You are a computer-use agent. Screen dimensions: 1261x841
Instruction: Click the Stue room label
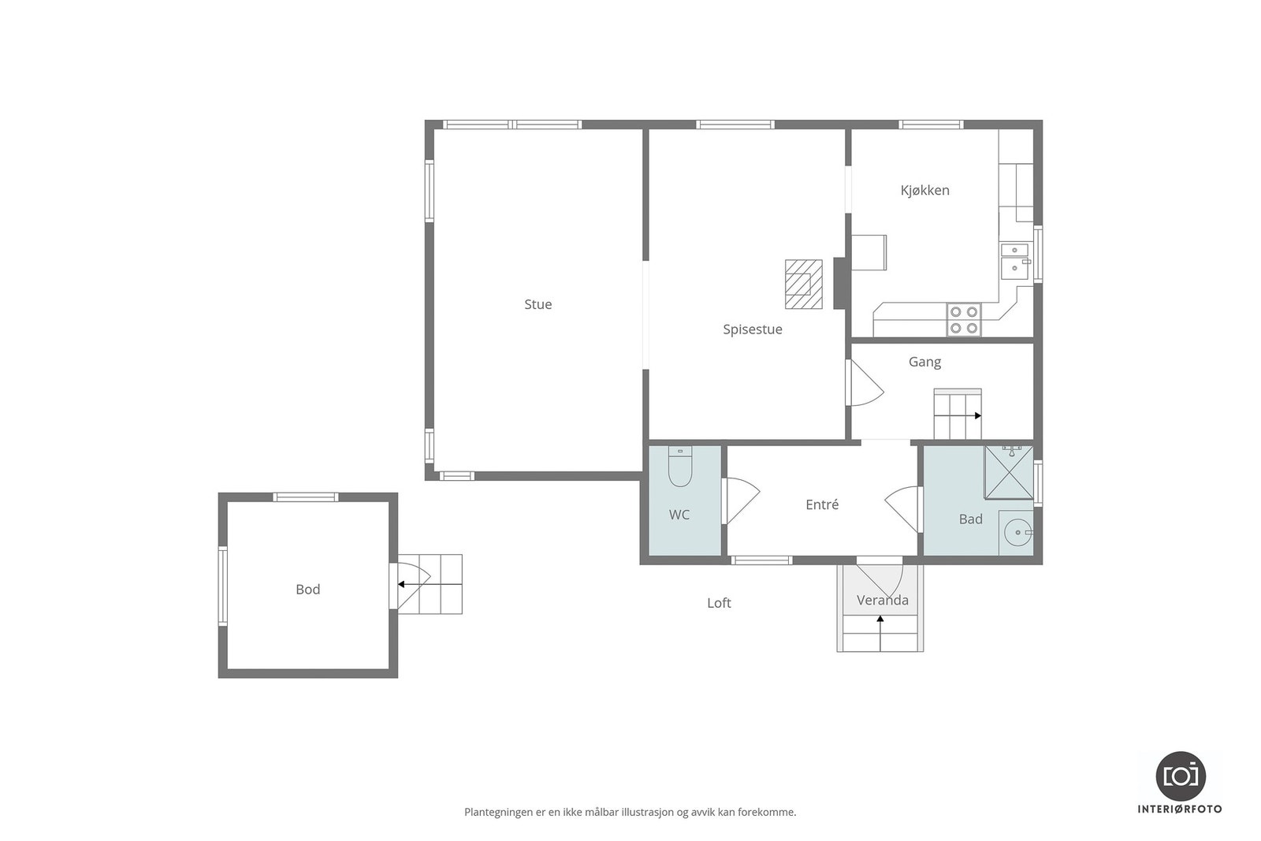point(538,304)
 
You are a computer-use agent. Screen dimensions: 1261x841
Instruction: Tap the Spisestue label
point(752,329)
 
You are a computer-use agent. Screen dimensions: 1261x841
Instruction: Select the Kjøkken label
point(924,190)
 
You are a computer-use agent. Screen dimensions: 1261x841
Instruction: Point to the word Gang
point(924,362)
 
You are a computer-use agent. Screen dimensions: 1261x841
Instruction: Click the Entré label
point(822,504)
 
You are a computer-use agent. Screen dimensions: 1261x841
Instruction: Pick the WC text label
point(679,515)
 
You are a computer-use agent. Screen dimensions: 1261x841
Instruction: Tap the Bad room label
point(970,519)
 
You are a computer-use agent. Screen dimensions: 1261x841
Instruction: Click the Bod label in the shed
point(307,590)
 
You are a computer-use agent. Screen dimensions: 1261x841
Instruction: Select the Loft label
point(719,603)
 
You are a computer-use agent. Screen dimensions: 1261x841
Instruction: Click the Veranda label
point(882,600)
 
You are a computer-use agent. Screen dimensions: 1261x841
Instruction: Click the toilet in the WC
point(680,467)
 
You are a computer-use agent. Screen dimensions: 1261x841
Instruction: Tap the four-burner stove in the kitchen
point(963,320)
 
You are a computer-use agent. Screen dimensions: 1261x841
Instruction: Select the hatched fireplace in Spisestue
point(803,285)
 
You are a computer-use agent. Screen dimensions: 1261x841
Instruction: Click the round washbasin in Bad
point(1018,532)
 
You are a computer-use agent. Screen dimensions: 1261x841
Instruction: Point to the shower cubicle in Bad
point(1008,472)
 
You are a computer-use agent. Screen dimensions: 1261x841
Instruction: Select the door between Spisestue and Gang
point(864,383)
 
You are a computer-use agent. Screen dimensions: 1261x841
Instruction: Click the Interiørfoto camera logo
point(1181,776)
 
